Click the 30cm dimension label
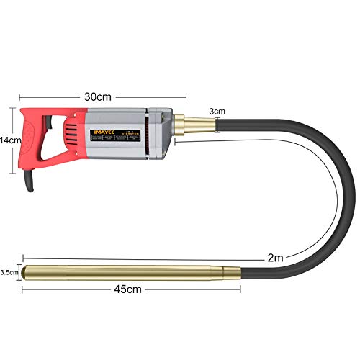(102, 96)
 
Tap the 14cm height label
(8, 140)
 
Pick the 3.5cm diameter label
(8, 273)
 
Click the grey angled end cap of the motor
(164, 134)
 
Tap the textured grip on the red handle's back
(24, 140)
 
